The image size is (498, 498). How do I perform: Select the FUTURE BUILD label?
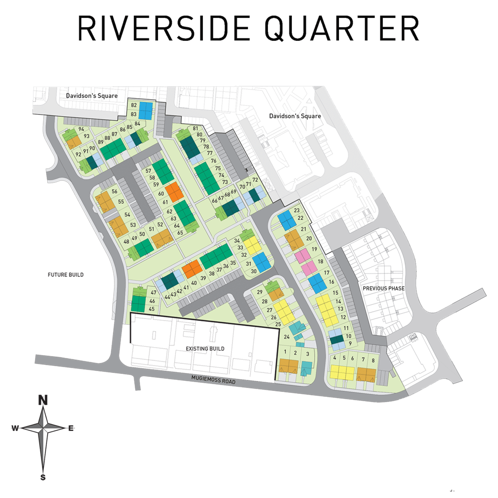(x=66, y=275)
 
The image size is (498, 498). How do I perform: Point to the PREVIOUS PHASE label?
(x=384, y=288)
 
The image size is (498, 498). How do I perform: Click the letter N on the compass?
(x=43, y=400)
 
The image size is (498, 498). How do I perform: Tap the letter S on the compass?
(x=43, y=477)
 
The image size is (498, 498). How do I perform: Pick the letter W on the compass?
(x=15, y=428)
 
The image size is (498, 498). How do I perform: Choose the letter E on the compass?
(x=71, y=428)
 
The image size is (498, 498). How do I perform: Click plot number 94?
(x=81, y=129)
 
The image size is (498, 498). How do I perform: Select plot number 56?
(x=115, y=192)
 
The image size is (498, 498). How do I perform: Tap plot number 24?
(x=287, y=337)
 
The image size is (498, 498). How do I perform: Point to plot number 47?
(x=153, y=292)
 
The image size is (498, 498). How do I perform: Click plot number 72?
(x=255, y=180)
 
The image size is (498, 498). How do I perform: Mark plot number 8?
(x=373, y=360)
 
